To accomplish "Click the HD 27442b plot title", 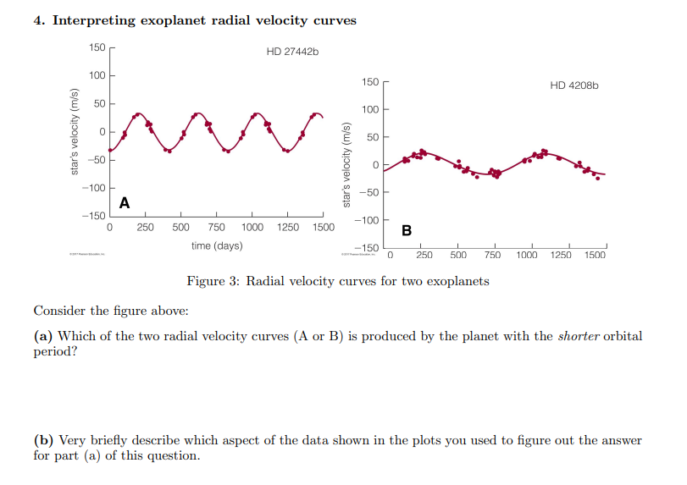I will tap(292, 52).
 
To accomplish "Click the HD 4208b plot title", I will tap(573, 85).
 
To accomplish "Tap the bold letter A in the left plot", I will tap(125, 202).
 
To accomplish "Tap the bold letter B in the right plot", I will tap(406, 230).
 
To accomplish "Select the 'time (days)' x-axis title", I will tap(216, 245).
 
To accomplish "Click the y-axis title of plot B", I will tap(346, 165).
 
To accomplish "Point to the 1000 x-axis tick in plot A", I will tap(252, 228).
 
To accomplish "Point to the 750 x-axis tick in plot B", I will tap(492, 255).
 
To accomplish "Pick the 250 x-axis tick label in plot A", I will tap(145, 228).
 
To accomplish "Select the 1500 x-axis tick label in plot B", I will tap(595, 255).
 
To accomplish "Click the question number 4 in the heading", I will tap(39, 20).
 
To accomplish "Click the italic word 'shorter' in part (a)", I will tap(575, 336).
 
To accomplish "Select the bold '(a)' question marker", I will tap(43, 336).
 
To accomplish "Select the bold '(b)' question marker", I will tap(44, 440).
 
